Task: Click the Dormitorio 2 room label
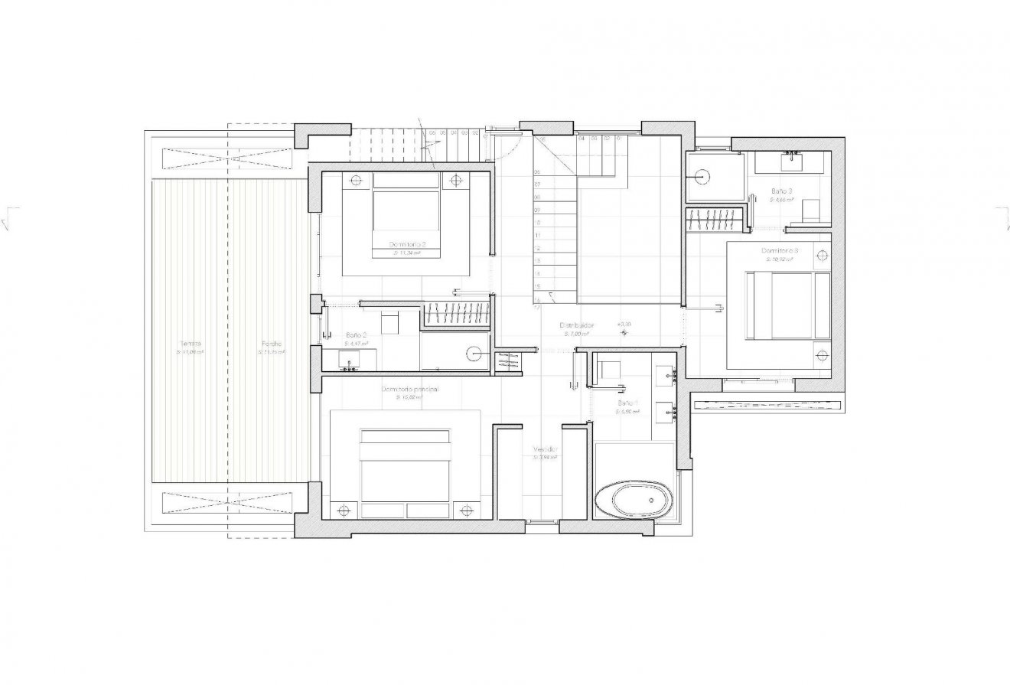[408, 244]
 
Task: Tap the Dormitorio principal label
[409, 390]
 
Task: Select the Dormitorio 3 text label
[780, 251]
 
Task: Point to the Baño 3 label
[780, 191]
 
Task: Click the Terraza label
[191, 344]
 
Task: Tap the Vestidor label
[546, 449]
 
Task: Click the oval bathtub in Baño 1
[634, 501]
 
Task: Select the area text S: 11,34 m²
[408, 253]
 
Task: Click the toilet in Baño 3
[810, 210]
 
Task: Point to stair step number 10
[538, 223]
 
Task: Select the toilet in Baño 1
[611, 370]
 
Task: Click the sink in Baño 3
[790, 161]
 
